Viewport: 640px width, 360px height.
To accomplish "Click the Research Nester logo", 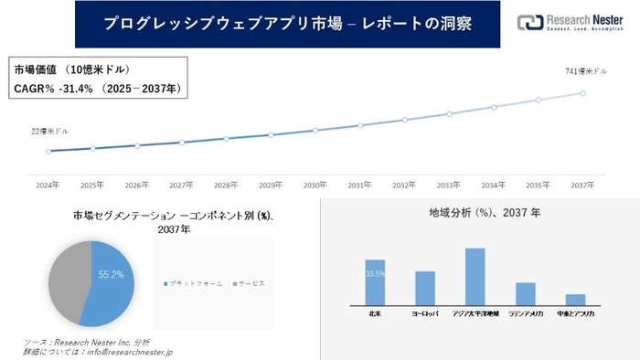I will click(568, 23).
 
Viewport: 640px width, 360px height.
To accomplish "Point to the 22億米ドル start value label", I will click(49, 132).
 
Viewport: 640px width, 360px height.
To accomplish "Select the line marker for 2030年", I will click(315, 130).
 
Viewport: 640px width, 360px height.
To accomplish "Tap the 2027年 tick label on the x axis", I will click(181, 184).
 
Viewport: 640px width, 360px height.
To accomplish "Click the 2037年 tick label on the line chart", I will click(582, 184).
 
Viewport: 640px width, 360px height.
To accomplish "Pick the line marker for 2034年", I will click(494, 107).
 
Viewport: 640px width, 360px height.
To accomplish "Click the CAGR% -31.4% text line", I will click(99, 88).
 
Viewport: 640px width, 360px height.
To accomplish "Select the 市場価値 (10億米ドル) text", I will click(72, 69).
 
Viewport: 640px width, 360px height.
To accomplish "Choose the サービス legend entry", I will click(248, 284).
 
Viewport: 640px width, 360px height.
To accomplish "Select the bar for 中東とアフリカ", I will click(575, 300).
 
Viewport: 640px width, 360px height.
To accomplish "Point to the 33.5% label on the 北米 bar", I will click(375, 272).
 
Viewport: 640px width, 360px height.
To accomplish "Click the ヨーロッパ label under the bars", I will click(424, 313).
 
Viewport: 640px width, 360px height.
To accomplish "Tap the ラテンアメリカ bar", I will click(525, 293).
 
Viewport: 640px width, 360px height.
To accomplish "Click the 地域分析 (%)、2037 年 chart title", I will click(485, 212).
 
